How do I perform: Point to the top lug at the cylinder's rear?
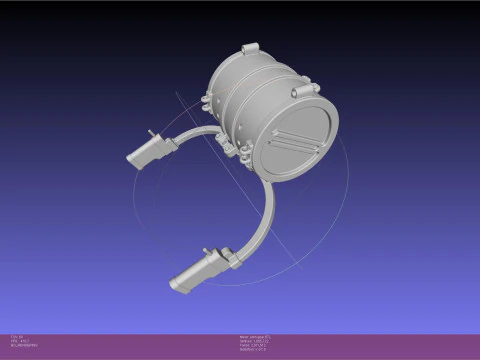(249, 48)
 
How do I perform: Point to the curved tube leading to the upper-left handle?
(196, 134)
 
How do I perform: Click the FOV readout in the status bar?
(18, 336)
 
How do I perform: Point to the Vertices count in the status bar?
(253, 340)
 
